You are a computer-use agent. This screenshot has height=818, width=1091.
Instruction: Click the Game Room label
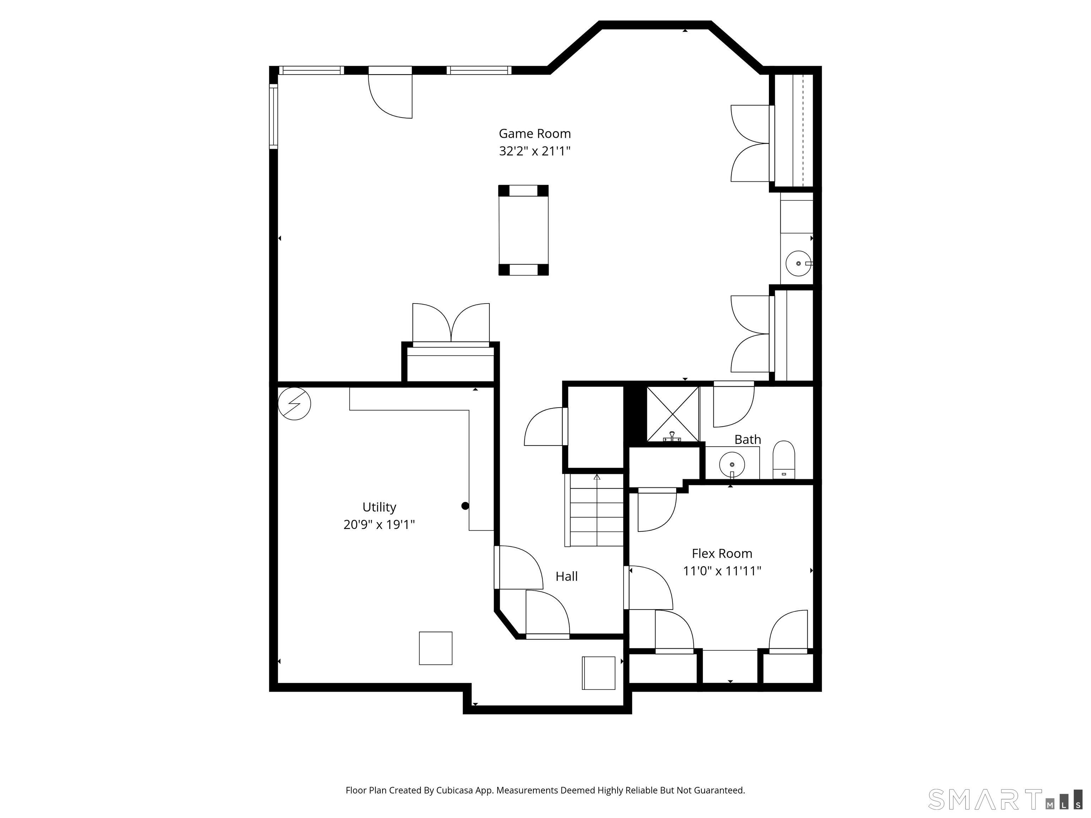coord(534,133)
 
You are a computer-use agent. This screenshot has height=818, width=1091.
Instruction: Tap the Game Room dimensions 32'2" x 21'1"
coord(534,151)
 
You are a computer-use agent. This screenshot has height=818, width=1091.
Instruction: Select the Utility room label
coord(379,507)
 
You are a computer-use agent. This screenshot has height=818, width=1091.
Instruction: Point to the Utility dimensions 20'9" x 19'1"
coord(379,525)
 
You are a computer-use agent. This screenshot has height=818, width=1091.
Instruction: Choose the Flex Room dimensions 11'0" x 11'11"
coord(722,571)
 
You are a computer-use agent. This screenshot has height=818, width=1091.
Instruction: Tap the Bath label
coord(747,439)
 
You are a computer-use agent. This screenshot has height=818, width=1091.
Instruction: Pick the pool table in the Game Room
coord(523,230)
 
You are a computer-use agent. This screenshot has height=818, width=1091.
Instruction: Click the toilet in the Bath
coord(784,459)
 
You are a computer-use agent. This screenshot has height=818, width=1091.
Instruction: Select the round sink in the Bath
coord(732,464)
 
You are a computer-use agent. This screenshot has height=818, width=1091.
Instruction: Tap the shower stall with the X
coord(673,414)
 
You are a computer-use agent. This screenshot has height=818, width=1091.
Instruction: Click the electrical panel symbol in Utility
coord(294,403)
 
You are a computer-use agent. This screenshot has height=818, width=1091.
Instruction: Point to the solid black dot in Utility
coord(465,506)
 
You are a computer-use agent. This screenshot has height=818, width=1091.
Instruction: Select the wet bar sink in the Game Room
coord(798,263)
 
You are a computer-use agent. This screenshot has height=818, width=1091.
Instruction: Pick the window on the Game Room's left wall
coord(273,116)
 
